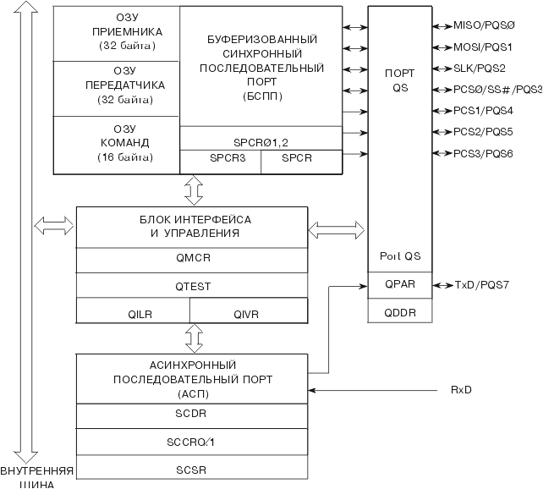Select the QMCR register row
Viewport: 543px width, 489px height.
pos(192,261)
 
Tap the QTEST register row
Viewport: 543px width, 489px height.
pos(192,286)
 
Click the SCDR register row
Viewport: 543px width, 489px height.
pos(192,415)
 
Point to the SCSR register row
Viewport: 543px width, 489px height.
pos(192,468)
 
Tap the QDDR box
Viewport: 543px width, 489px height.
pos(399,310)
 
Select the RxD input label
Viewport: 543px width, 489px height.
pos(461,390)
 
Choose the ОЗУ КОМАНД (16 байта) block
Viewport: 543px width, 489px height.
pos(117,143)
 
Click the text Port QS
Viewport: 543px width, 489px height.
pos(399,256)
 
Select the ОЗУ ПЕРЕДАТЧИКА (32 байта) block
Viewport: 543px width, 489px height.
pos(117,86)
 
